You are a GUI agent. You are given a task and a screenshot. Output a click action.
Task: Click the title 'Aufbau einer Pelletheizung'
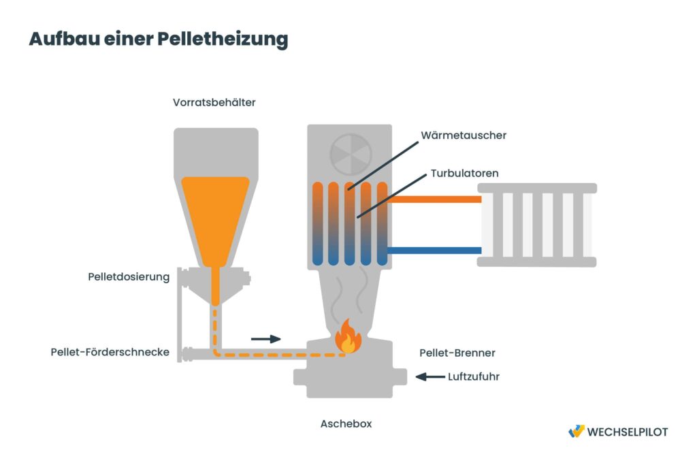158,39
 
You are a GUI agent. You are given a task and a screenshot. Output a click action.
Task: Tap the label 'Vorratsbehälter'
214,103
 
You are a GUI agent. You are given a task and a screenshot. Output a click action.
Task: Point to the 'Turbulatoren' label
464,174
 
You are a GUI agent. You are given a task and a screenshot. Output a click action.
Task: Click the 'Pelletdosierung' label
129,277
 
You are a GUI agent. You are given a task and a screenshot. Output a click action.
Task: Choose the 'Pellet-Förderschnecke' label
110,352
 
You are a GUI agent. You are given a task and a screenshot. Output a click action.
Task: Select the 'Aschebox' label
346,423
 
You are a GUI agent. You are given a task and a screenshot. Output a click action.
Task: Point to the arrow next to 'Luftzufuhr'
429,376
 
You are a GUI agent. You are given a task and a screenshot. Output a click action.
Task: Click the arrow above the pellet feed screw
265,338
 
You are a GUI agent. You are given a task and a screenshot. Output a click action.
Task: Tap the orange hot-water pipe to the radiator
436,199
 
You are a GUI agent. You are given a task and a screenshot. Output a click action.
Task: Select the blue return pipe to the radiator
436,251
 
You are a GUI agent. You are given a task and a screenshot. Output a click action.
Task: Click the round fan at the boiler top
351,155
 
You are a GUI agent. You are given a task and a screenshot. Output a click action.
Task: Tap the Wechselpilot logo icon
576,432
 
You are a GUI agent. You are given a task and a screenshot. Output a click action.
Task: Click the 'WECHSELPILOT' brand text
627,432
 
